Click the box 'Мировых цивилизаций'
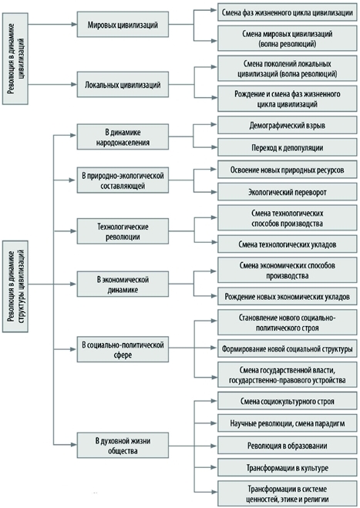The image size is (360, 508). (123, 25)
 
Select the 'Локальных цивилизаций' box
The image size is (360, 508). (123, 85)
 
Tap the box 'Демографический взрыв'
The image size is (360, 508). (287, 125)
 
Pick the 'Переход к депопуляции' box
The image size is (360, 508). (287, 147)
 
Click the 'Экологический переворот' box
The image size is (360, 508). (287, 192)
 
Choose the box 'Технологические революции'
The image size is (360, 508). (123, 231)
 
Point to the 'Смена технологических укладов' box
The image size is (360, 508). (287, 244)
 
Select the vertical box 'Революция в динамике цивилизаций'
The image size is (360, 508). (15, 59)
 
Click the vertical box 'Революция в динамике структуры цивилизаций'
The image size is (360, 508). (15, 287)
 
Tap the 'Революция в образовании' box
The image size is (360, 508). (287, 445)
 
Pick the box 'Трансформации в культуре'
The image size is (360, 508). (287, 467)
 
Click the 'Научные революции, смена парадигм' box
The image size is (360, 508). (287, 422)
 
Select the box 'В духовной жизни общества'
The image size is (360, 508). (123, 445)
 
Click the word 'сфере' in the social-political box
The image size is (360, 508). (123, 355)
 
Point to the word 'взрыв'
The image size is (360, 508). (315, 126)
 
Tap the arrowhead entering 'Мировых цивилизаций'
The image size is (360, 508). (73, 25)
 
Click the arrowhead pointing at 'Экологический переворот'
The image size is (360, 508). (214, 192)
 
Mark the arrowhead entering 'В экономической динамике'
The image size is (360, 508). (73, 284)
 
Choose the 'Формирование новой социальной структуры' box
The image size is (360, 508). (287, 348)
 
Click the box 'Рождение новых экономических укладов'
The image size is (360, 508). (287, 296)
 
